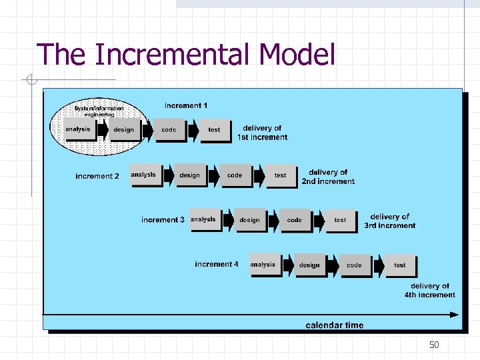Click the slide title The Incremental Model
coord(186,55)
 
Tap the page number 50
coord(434,345)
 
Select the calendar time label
coord(335,325)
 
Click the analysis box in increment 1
coord(78,129)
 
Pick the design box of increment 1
coord(123,130)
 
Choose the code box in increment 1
coord(169,130)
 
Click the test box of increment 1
coord(214,130)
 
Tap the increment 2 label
coord(97,176)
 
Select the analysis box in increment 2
coord(143,175)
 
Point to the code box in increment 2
coord(235,175)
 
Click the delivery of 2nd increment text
coord(328,177)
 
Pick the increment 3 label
coord(163,219)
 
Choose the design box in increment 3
coord(249,220)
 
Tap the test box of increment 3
coord(340,220)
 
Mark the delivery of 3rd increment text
coord(390,221)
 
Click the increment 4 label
coord(216,264)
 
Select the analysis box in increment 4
coord(263,265)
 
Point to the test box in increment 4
coord(399,265)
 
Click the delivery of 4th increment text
coord(430,290)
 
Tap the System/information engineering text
coord(99,111)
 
